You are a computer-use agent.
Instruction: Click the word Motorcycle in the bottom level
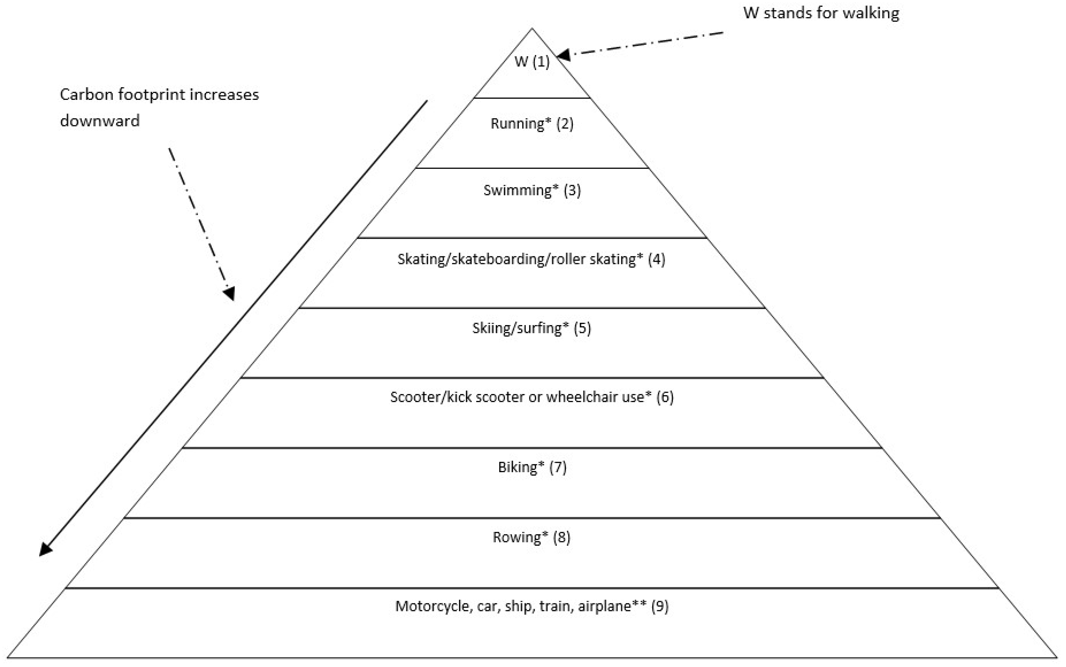[433, 606]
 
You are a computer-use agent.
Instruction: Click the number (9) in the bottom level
[660, 606]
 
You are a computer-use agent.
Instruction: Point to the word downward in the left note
[100, 120]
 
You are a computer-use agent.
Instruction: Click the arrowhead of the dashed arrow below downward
[229, 294]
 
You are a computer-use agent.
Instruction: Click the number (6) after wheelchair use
[665, 397]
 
